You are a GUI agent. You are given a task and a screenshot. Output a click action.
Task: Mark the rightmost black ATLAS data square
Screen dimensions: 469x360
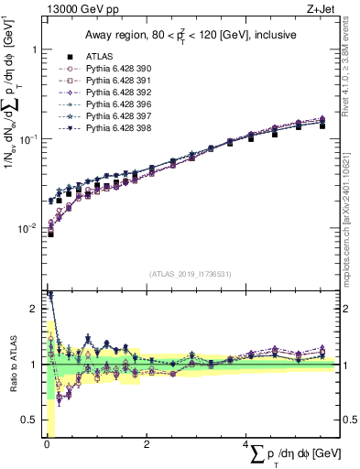(x=322, y=125)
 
